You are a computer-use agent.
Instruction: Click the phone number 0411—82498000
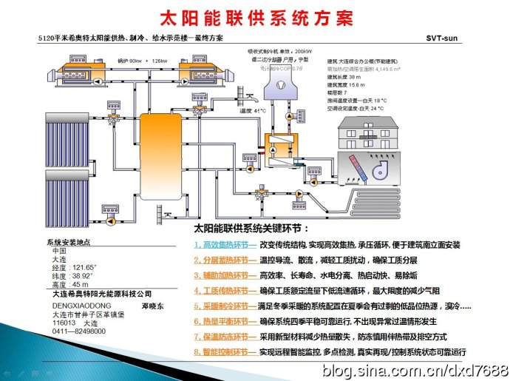pyautogui.click(x=79, y=331)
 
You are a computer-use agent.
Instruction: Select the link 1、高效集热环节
pyautogui.click(x=225, y=244)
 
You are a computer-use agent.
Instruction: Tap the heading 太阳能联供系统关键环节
pyautogui.click(x=251, y=229)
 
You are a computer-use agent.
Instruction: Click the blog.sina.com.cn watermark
pyautogui.click(x=414, y=368)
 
